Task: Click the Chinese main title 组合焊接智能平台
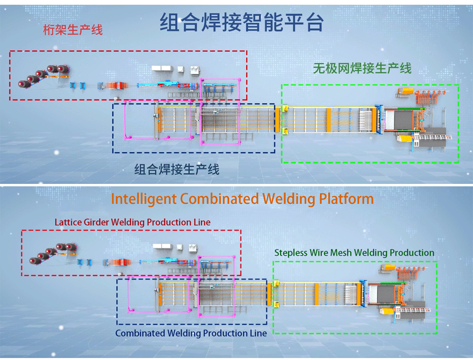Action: click(x=241, y=22)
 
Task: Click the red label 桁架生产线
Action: click(x=73, y=30)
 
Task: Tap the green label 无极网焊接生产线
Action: click(x=362, y=69)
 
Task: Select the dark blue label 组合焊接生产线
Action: click(x=177, y=170)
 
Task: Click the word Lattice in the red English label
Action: click(x=68, y=222)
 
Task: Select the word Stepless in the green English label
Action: click(x=291, y=252)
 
